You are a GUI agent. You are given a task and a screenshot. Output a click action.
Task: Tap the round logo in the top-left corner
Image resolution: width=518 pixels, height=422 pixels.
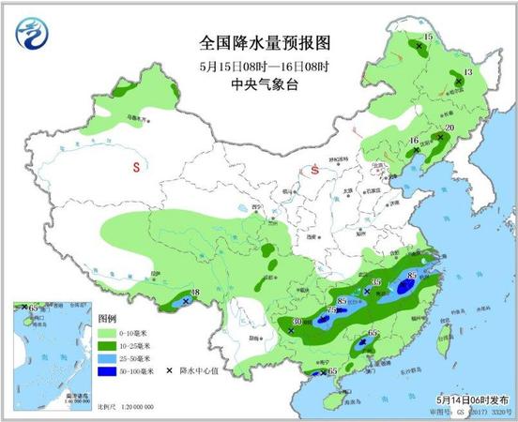coord(34,35)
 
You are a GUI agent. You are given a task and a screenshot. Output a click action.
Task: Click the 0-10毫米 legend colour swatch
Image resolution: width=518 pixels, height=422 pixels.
coord(109,333)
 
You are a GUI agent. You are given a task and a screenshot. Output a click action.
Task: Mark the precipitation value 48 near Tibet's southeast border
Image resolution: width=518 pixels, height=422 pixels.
coord(195,294)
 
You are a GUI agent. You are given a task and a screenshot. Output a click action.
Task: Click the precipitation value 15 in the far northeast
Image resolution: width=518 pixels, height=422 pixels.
coord(428,37)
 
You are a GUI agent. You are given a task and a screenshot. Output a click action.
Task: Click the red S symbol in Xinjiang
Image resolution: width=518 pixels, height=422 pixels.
coord(136,169)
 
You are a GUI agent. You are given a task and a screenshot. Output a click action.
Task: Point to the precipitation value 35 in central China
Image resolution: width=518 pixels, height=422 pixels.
coord(377,282)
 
